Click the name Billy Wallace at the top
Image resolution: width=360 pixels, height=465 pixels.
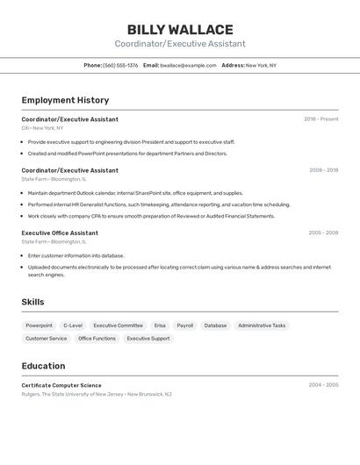click(x=180, y=30)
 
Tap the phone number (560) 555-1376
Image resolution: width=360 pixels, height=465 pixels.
click(x=120, y=65)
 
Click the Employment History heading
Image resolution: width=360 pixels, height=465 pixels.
click(x=65, y=100)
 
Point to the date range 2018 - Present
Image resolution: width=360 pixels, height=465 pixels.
click(x=320, y=119)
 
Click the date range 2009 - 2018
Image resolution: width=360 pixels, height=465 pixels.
click(x=323, y=170)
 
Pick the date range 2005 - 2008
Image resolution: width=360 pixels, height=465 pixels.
click(x=323, y=232)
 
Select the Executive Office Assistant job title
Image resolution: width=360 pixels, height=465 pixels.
click(x=60, y=232)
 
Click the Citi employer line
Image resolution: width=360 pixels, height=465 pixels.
click(x=42, y=127)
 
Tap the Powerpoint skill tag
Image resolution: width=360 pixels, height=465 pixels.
click(x=39, y=325)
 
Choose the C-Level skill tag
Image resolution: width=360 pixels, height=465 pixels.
click(x=73, y=325)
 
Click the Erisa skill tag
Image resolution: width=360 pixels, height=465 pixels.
click(x=160, y=325)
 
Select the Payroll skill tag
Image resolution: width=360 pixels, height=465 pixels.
click(x=184, y=325)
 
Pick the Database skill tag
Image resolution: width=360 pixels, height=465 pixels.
click(x=215, y=325)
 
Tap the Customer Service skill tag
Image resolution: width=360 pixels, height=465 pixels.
click(x=46, y=338)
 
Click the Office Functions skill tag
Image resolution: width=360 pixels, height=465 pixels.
click(x=97, y=338)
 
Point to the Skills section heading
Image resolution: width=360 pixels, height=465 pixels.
click(x=32, y=302)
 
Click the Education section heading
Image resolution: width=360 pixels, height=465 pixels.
click(x=43, y=366)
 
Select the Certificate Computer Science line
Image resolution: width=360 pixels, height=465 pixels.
click(x=61, y=385)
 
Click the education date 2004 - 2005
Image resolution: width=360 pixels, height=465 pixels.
click(x=323, y=385)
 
